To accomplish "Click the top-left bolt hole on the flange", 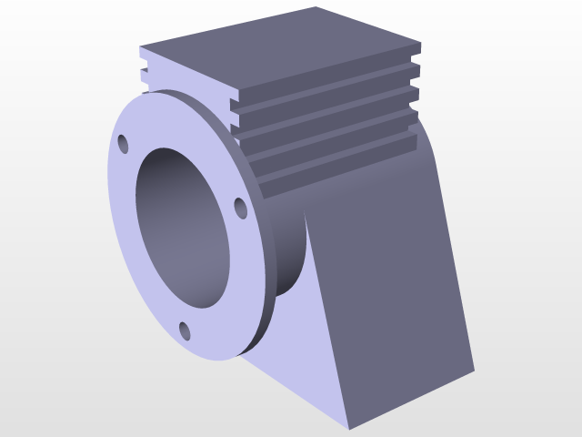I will pyautogui.click(x=123, y=145).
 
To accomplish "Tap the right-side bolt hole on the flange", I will pyautogui.click(x=240, y=208).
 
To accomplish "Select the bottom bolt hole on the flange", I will pyautogui.click(x=185, y=330).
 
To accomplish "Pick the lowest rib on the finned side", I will pyautogui.click(x=336, y=164).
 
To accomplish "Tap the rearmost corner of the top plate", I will pyautogui.click(x=316, y=8).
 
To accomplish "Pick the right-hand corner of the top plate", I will pyautogui.click(x=419, y=43).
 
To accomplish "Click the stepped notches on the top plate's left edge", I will pyautogui.click(x=143, y=73).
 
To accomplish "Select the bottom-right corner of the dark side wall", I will pyautogui.click(x=473, y=370).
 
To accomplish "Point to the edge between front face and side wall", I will pyautogui.click(x=327, y=319).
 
